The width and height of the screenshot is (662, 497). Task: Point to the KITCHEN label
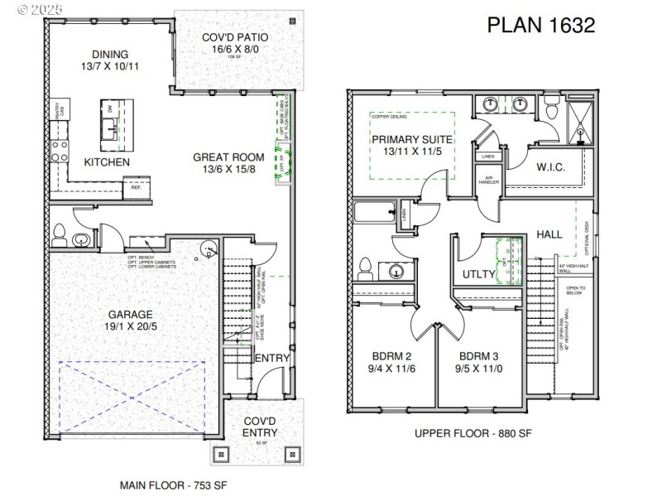[x=107, y=162]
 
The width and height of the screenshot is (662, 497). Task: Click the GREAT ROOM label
[x=228, y=157]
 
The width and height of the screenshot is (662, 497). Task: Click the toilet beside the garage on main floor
[x=59, y=236]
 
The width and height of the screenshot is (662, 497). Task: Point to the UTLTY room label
[x=479, y=273]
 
